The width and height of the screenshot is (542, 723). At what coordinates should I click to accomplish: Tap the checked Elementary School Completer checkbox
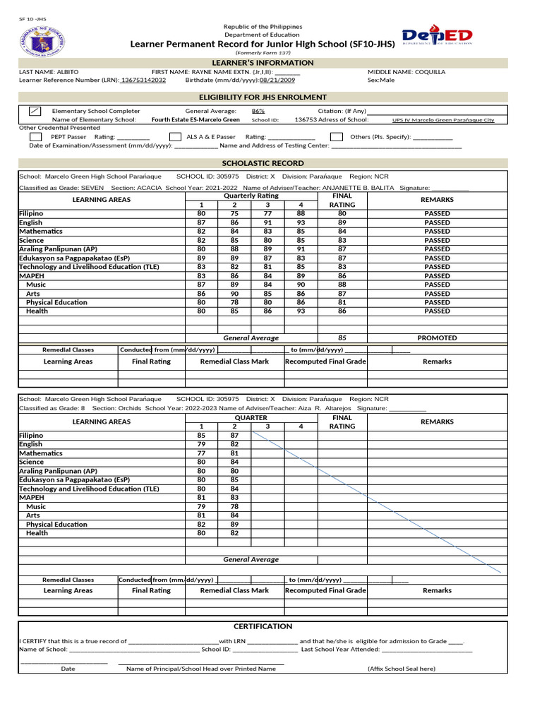35,112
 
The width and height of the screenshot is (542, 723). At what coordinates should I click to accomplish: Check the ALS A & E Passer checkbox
176,137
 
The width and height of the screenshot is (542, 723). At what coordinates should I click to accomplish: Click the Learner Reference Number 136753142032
143,80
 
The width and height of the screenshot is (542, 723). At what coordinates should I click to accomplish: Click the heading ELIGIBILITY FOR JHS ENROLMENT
263,97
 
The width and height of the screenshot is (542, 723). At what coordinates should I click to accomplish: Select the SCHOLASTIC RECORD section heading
263,163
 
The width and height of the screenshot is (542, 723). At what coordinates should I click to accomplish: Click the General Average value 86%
258,112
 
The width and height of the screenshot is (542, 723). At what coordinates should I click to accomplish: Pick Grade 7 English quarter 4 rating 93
301,222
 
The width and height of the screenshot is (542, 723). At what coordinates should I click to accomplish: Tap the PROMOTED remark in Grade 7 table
437,338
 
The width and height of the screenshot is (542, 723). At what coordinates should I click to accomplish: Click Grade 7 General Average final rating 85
342,338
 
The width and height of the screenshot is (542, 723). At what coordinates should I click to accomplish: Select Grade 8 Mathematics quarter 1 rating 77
201,453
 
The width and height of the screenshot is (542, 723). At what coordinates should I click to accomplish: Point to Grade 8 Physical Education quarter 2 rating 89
234,525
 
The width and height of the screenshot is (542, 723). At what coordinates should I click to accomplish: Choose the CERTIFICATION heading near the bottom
263,626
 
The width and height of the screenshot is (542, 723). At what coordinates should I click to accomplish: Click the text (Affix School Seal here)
401,669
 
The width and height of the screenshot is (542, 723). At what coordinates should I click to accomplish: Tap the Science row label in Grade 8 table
31,462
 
